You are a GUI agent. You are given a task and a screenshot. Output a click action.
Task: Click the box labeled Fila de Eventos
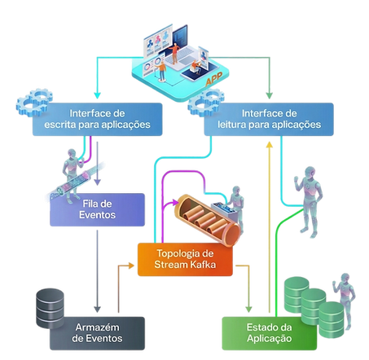97,209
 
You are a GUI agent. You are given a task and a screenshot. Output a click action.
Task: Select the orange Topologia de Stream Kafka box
185,260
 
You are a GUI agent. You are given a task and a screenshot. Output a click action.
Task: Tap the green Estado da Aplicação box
270,333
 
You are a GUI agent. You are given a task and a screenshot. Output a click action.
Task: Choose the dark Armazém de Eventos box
97,333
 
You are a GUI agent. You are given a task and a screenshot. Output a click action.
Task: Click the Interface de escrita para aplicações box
97,119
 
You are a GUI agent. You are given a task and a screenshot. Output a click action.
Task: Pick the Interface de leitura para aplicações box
269,119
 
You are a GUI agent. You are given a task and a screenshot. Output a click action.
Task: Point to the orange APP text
214,78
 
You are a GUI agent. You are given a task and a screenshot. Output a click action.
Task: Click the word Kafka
203,265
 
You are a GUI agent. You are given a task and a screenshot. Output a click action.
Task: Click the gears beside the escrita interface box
34,102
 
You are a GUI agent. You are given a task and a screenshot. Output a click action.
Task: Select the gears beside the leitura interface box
206,102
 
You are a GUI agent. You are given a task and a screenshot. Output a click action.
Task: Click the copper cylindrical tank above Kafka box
208,220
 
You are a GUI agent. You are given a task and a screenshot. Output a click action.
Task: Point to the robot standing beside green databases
345,301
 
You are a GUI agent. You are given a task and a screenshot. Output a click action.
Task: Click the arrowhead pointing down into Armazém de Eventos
97,310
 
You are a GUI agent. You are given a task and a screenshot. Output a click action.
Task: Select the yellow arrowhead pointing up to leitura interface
269,144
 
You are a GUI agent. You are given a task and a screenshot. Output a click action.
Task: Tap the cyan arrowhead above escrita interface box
97,95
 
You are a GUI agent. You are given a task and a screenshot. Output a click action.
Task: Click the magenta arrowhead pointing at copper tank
174,202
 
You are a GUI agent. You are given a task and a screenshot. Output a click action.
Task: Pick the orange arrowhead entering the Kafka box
131,266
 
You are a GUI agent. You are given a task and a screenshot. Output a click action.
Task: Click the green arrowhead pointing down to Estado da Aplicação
248,310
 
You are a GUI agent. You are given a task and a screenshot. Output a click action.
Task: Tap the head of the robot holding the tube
72,154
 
